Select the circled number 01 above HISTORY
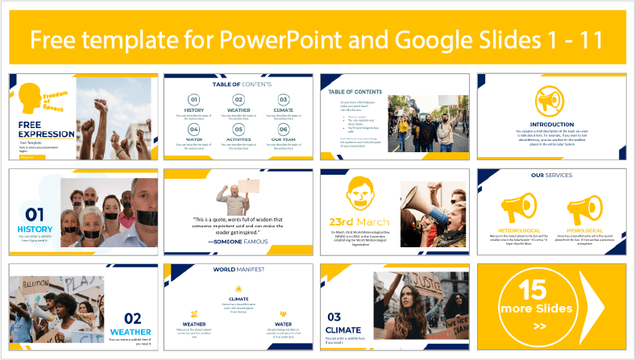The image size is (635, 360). [x=194, y=100]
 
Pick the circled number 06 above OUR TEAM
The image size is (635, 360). [x=283, y=130]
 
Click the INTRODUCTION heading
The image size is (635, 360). [x=552, y=124]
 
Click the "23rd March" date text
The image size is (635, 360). [x=359, y=221]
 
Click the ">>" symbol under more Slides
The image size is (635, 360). [x=539, y=326]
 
